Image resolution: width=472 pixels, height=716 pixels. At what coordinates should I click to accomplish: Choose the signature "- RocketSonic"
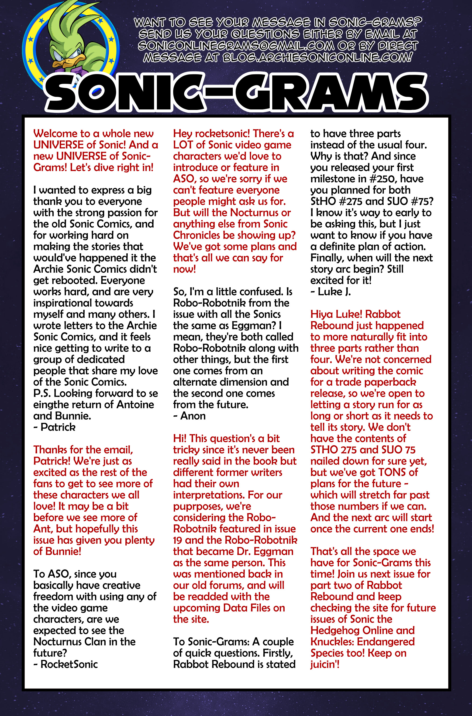66,664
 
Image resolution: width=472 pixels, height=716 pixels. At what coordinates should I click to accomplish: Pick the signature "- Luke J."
331,292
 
